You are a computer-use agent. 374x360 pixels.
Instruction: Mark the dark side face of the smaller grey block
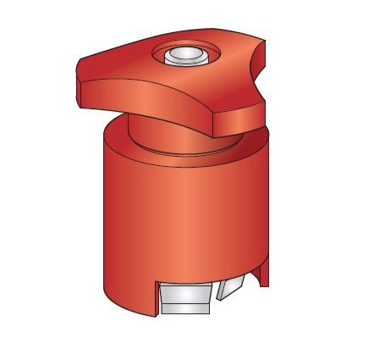[x=222, y=291]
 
